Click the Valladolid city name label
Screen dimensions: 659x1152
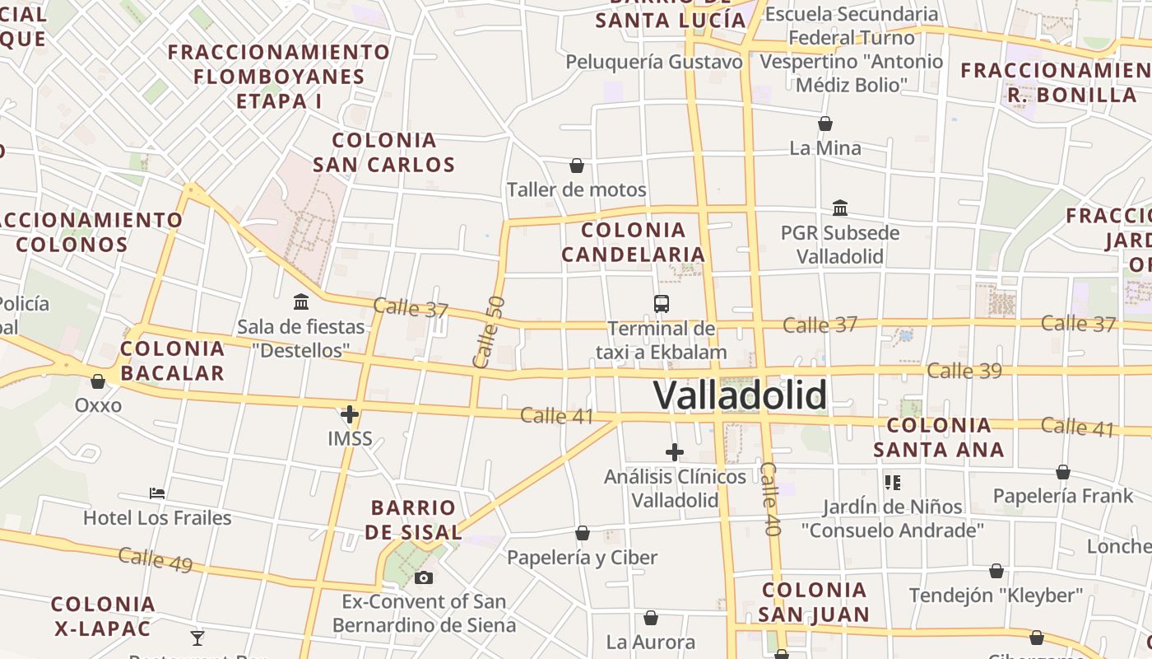coord(740,395)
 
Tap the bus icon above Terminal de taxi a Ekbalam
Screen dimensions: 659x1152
coord(662,303)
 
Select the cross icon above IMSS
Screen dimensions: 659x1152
coord(350,414)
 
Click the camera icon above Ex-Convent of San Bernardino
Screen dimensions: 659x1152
coord(424,577)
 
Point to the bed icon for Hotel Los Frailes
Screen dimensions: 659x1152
coord(157,493)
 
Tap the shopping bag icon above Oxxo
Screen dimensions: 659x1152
coord(98,381)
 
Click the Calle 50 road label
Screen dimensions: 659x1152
coord(488,332)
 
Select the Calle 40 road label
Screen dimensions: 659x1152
coord(771,499)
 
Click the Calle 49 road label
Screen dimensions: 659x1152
coord(156,559)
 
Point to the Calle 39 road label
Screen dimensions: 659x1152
coord(964,371)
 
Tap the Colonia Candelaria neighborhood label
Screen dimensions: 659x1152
coord(634,241)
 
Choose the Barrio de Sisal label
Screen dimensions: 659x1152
coord(413,520)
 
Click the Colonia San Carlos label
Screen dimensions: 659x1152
coord(383,152)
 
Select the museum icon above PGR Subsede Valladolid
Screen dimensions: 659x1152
coord(840,208)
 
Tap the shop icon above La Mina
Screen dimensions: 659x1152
coord(825,124)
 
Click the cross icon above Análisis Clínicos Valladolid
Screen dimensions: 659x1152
coord(675,451)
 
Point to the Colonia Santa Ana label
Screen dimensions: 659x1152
coord(939,437)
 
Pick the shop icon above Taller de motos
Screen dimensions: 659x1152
coord(577,166)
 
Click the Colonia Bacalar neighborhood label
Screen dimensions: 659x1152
coord(172,361)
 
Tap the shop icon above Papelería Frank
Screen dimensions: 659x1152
coord(1063,473)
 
